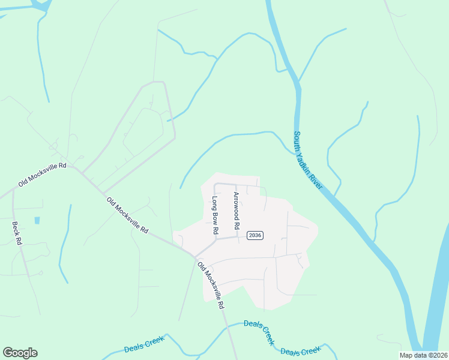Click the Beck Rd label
pos(17,233)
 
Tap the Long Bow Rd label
pos(214,214)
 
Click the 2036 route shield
pos(255,235)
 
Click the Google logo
pos(20,353)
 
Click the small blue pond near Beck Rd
pos(37,220)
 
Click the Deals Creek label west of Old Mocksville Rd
pos(144,344)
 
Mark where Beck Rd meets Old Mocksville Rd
pos(13,193)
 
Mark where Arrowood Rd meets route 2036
pos(237,237)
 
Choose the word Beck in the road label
pos(16,228)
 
